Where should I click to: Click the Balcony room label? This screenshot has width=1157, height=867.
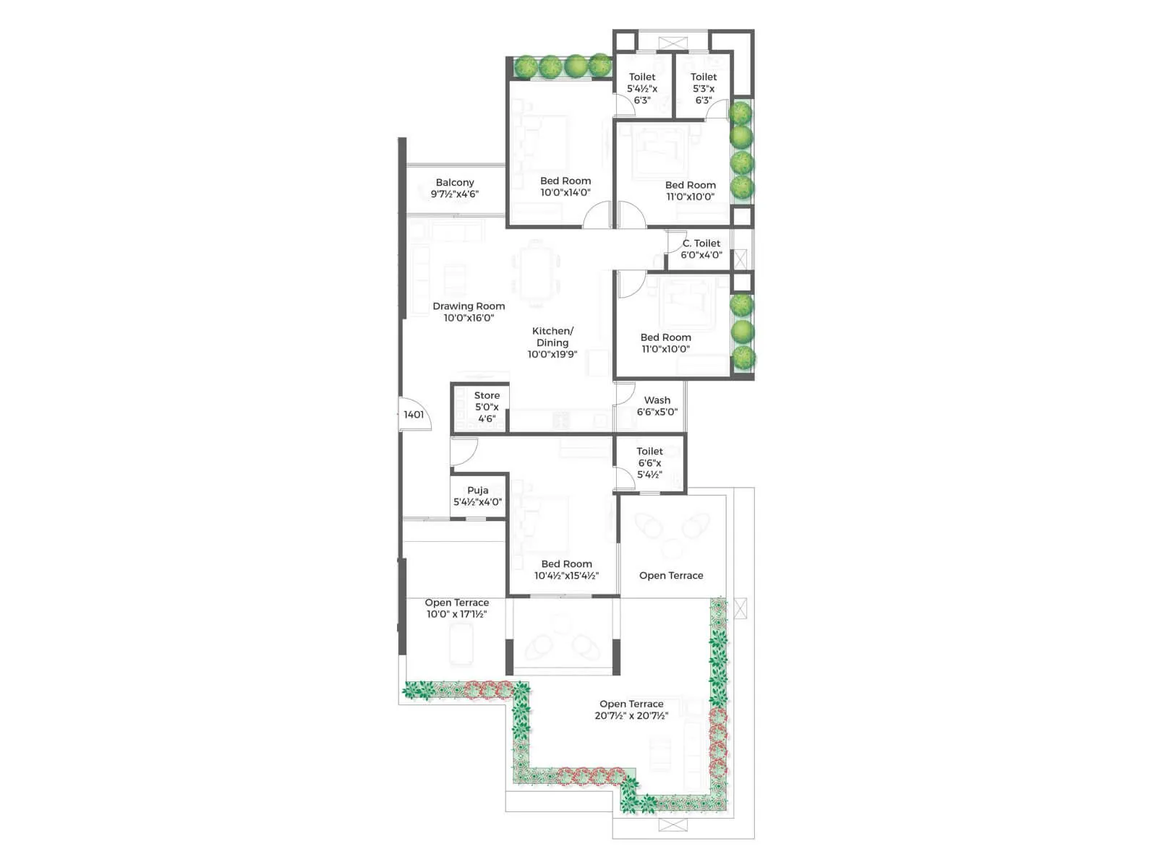click(455, 183)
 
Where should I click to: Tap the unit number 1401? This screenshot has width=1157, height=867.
click(414, 415)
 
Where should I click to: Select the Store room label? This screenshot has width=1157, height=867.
click(487, 395)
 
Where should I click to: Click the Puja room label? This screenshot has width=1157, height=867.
click(477, 490)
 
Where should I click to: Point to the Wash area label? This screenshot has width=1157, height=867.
click(657, 400)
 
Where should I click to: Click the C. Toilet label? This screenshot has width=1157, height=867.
click(701, 243)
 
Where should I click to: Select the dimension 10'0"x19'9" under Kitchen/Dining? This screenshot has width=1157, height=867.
click(552, 355)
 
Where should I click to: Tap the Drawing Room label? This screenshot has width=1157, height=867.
click(469, 306)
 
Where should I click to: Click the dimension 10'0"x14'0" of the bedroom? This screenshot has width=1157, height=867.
click(565, 193)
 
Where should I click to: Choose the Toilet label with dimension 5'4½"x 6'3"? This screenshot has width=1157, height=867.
click(642, 77)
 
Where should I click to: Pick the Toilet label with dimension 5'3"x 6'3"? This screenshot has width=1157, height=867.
click(704, 77)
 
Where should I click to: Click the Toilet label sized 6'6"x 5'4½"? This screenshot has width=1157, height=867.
click(649, 452)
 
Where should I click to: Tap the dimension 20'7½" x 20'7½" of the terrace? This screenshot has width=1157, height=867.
click(631, 716)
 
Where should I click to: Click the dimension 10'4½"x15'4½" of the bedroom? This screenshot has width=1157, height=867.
click(566, 576)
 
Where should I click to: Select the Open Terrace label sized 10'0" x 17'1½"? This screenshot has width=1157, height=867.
click(456, 603)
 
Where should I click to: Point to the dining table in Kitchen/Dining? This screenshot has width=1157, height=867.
click(536, 274)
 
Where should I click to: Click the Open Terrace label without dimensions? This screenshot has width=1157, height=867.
click(671, 576)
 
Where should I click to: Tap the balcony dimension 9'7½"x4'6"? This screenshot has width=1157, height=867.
click(455, 194)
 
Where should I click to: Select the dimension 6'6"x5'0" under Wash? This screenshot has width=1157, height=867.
click(657, 412)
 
